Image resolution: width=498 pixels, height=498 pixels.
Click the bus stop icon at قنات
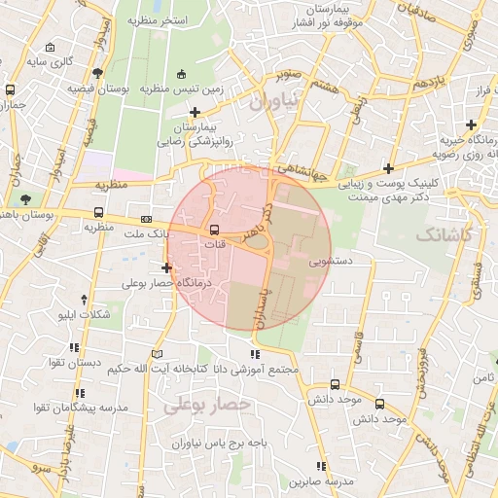pos(214,230)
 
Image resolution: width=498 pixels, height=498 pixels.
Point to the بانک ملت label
pos(139,234)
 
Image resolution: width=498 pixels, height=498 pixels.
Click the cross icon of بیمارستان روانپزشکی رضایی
pos(196,113)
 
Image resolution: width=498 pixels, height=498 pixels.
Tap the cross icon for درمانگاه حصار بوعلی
pos(167,267)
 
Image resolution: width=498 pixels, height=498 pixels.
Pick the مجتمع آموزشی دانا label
pos(253,371)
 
